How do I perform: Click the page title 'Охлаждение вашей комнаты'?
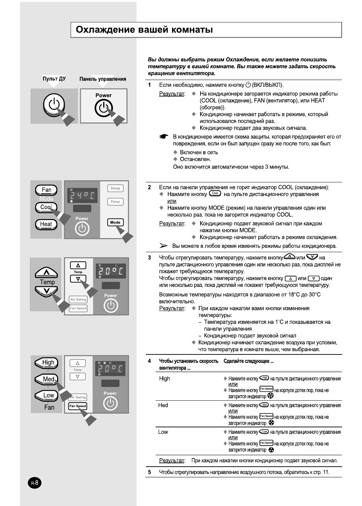[144, 30]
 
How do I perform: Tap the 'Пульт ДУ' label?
[54, 79]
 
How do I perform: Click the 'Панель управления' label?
[103, 79]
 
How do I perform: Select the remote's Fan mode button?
[46, 190]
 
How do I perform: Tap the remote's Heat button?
[46, 224]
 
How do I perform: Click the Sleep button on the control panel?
[115, 188]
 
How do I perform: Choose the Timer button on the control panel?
[115, 202]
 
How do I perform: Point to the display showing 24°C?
[82, 196]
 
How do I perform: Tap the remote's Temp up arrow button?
[46, 273]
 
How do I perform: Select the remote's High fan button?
[47, 363]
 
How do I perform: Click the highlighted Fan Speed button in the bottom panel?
[78, 406]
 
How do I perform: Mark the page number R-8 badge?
[35, 483]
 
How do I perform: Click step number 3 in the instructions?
[150, 258]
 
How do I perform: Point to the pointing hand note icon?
[164, 137]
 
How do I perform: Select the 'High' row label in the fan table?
[165, 378]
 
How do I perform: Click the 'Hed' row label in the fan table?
[163, 405]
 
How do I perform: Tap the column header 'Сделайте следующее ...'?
[248, 361]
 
